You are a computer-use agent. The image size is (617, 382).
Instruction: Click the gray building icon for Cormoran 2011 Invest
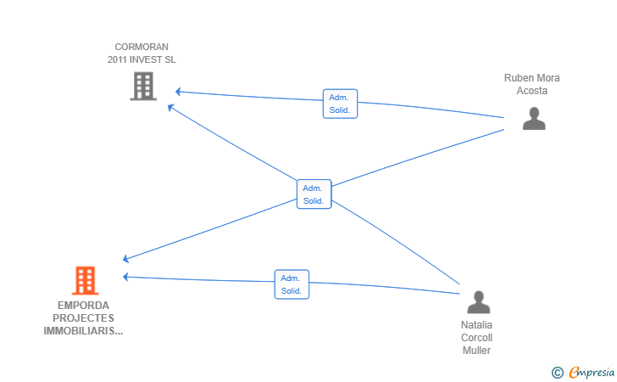click(x=143, y=86)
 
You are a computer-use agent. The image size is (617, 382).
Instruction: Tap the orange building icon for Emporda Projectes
click(x=85, y=280)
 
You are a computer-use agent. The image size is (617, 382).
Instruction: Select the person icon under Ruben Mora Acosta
click(x=534, y=118)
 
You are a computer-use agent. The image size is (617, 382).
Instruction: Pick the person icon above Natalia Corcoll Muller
click(x=479, y=302)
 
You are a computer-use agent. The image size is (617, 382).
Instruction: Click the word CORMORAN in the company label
click(x=142, y=47)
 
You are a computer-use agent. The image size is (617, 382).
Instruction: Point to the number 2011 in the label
click(x=117, y=59)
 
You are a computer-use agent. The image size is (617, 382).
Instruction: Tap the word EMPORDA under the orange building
click(x=83, y=306)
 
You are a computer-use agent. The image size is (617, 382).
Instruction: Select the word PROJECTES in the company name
click(x=83, y=318)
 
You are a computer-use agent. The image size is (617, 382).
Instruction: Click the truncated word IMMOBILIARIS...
click(x=83, y=331)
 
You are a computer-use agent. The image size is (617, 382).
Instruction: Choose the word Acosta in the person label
click(x=532, y=91)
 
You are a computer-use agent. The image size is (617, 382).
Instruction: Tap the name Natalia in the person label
click(x=476, y=325)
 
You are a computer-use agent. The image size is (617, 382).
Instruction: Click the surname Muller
click(x=476, y=351)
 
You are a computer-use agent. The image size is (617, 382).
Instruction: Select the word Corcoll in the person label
click(x=476, y=338)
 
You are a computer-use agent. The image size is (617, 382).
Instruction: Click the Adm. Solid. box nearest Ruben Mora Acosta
click(x=340, y=104)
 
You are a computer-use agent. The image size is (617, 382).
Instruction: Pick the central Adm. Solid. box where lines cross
click(x=314, y=194)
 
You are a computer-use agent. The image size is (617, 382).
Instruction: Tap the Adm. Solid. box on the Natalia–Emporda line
click(x=292, y=284)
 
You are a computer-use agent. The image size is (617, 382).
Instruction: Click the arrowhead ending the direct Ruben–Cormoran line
click(x=178, y=92)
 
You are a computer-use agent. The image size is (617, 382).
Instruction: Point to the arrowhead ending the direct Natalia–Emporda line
click(x=125, y=277)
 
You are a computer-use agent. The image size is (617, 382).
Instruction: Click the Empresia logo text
click(x=592, y=372)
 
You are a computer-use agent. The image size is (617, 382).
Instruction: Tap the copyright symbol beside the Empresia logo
click(x=558, y=373)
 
